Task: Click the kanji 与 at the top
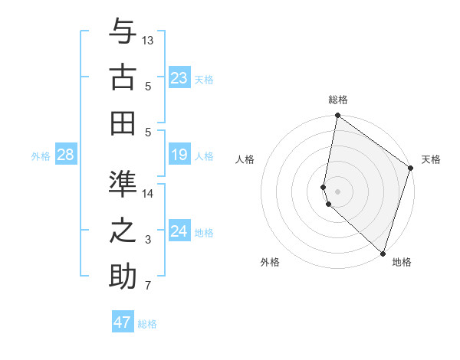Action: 123,31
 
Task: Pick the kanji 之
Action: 123,230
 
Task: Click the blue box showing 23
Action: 179,78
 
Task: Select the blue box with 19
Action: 179,155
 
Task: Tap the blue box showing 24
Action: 179,231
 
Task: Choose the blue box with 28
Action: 66,155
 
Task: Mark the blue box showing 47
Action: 123,322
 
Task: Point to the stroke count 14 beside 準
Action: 148,193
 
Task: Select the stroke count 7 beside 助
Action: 148,286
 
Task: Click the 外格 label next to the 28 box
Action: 41,156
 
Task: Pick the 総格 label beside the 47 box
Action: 147,324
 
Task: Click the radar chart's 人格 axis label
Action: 245,160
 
